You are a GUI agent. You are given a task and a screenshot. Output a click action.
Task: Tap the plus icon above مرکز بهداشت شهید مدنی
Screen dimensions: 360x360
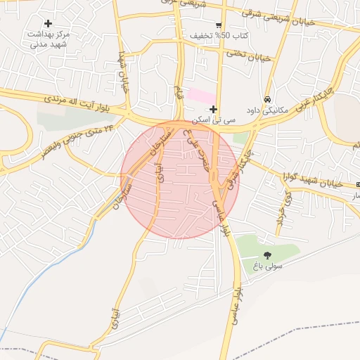(48, 23)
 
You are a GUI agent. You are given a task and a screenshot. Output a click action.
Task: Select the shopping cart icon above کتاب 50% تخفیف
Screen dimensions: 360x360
(219, 25)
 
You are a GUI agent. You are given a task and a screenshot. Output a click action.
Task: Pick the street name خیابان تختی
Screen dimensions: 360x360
(249, 55)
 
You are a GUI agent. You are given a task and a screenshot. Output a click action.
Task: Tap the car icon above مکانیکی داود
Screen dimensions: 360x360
(267, 99)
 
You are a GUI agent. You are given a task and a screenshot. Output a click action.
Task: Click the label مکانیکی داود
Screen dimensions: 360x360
(264, 110)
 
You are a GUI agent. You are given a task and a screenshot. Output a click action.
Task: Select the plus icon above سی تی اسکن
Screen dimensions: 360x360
(213, 109)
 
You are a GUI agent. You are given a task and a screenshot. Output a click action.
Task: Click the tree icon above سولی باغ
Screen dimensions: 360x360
(267, 255)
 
